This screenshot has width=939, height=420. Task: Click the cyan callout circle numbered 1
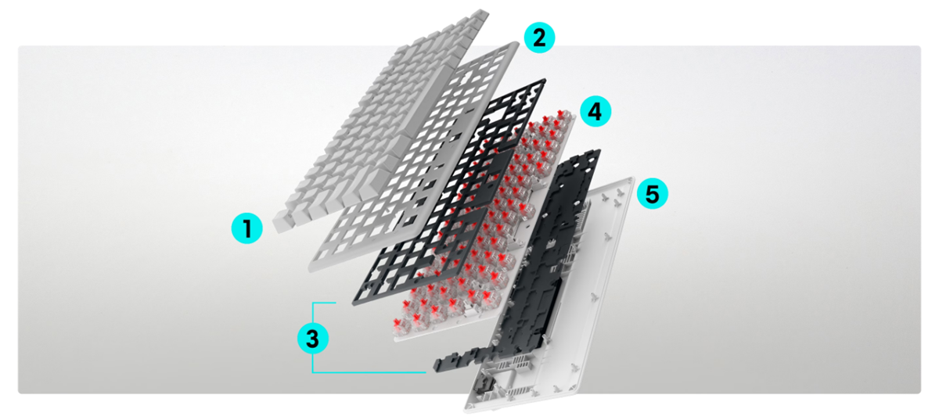[247, 228]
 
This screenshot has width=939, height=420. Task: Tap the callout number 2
[539, 38]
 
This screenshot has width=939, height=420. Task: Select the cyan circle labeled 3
[313, 338]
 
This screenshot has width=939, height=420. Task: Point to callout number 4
[595, 112]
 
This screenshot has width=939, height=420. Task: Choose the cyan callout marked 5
[653, 194]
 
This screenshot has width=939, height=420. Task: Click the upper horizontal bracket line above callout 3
[324, 303]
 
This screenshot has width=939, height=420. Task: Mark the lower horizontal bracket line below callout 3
[369, 372]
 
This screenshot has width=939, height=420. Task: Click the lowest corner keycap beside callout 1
[282, 221]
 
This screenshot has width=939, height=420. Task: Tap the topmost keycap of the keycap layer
[480, 16]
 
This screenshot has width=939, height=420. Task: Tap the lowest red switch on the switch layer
[398, 325]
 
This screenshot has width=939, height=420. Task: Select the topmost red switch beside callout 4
[560, 114]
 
